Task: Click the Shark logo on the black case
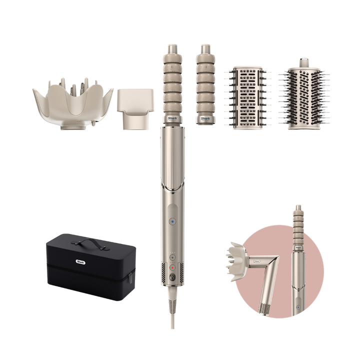79,260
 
